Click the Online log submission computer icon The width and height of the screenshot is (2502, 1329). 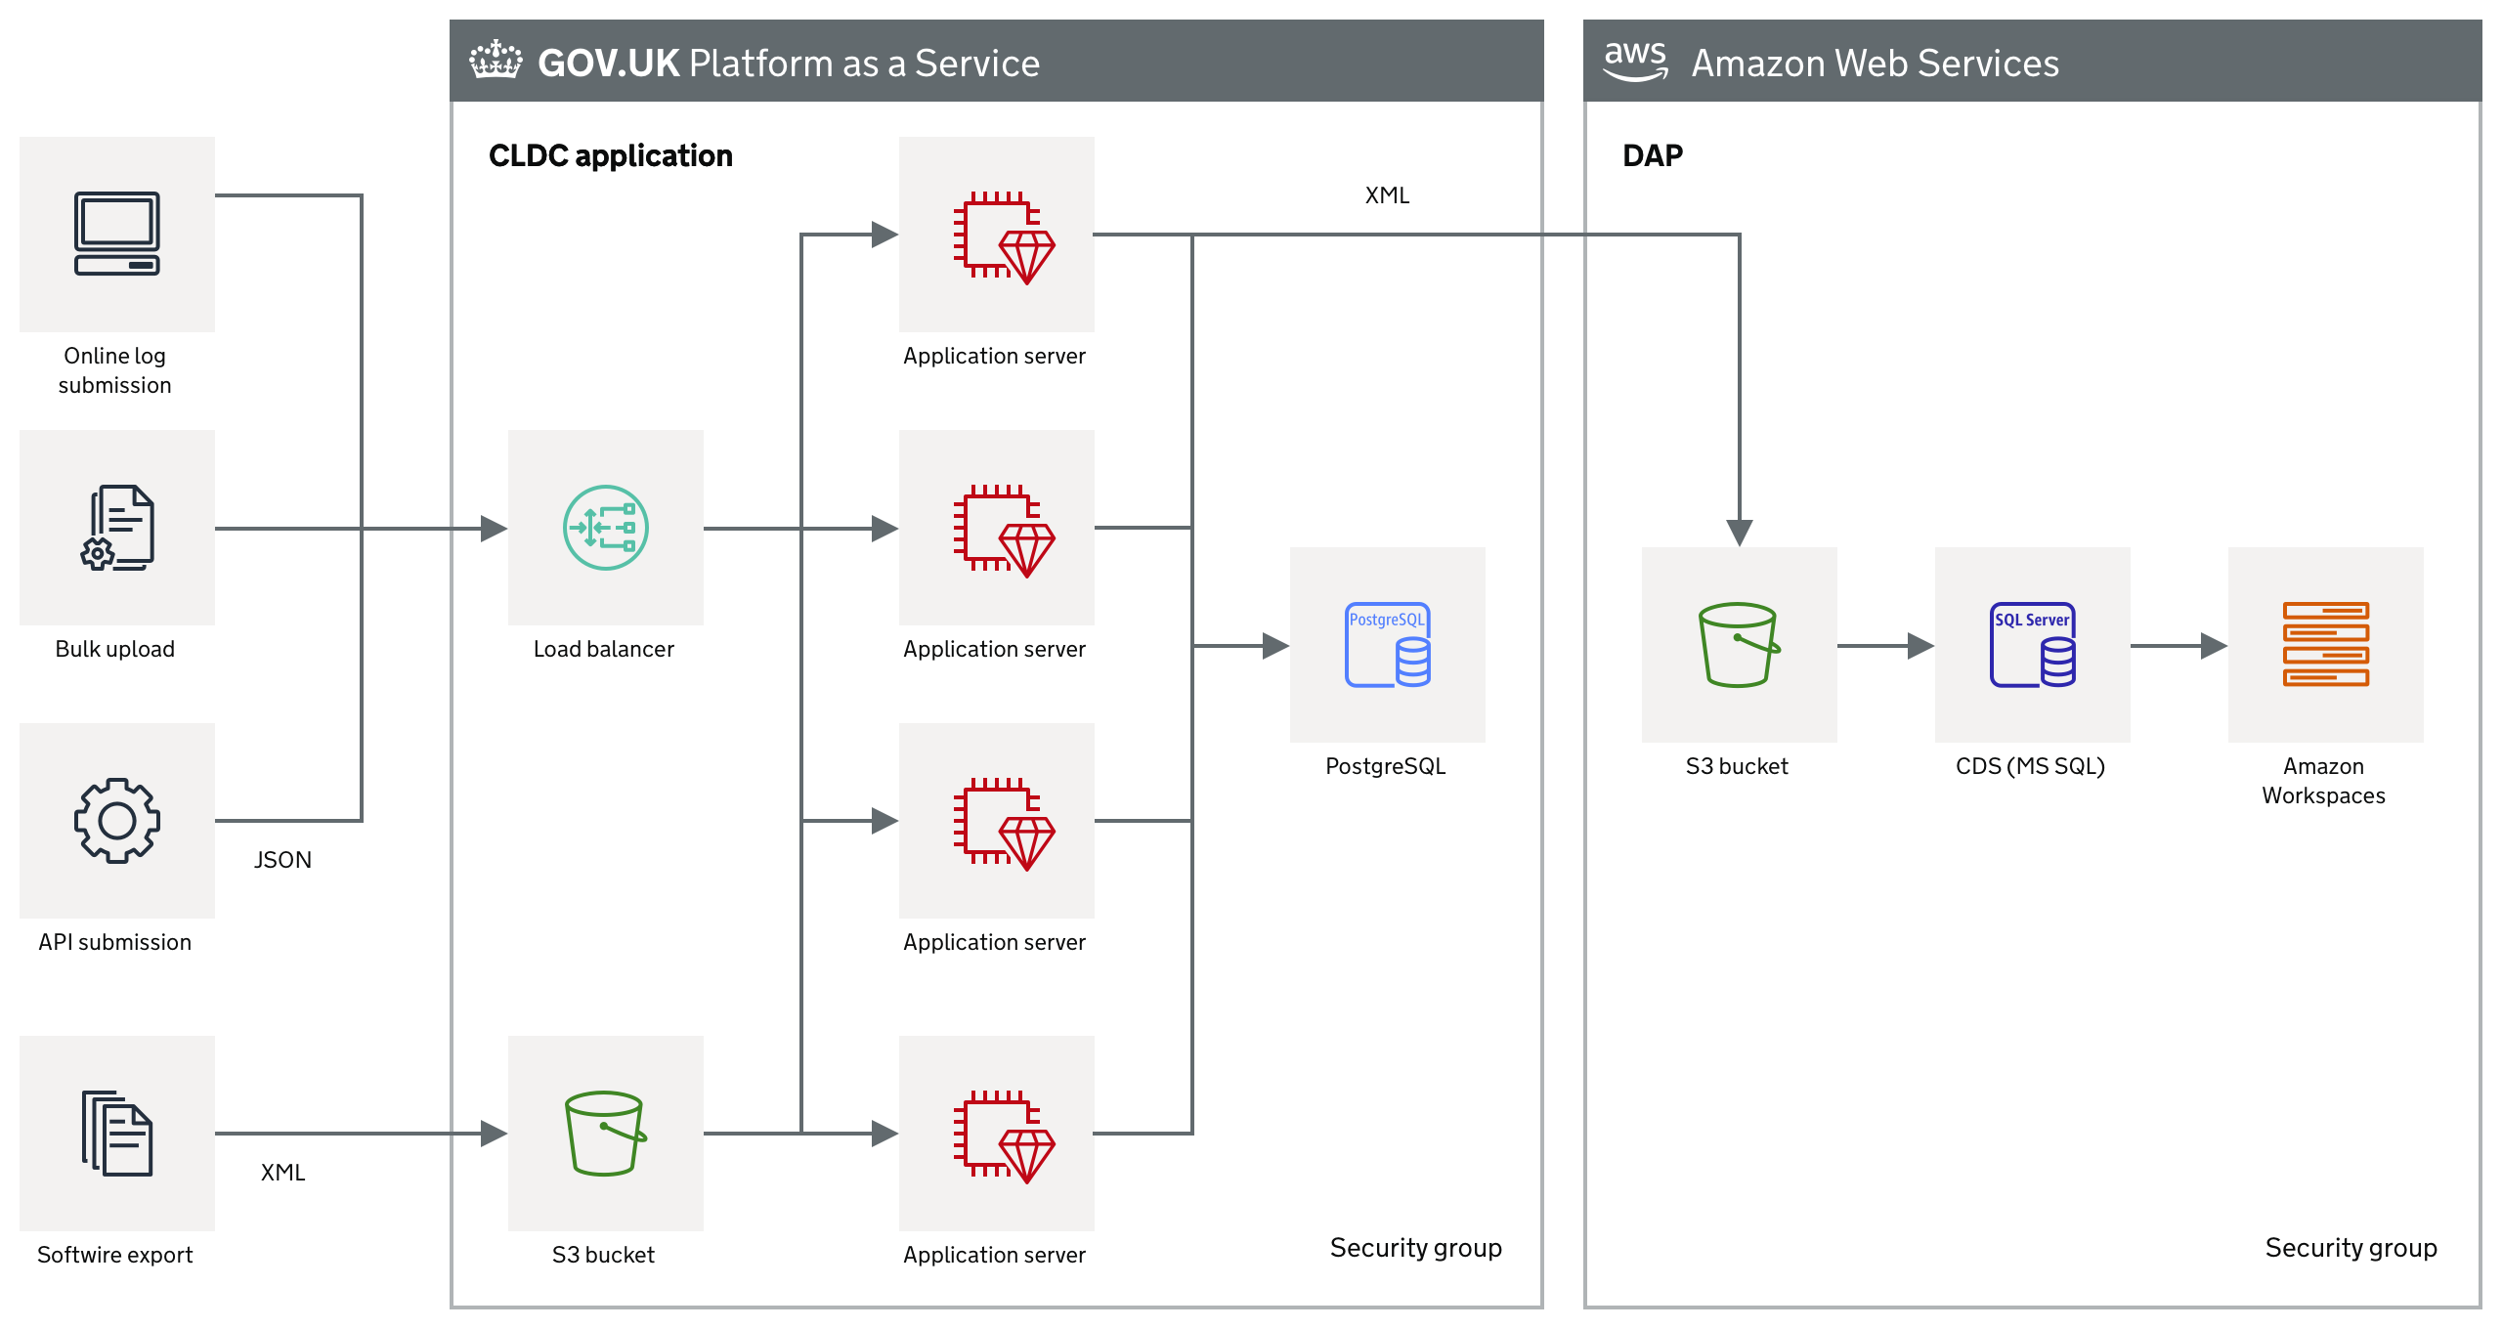pyautogui.click(x=117, y=234)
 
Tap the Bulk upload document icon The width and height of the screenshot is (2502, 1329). pyautogui.click(x=117, y=528)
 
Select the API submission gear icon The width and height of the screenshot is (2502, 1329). pyautogui.click(x=117, y=821)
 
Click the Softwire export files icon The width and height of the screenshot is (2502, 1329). pyautogui.click(x=117, y=1134)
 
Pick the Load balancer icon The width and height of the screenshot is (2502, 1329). pyautogui.click(x=606, y=528)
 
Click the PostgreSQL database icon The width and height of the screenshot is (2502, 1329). pyautogui.click(x=1388, y=645)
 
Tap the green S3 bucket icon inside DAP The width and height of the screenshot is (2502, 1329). pyautogui.click(x=1740, y=645)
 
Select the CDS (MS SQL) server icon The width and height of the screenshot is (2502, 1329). pyautogui.click(x=2033, y=645)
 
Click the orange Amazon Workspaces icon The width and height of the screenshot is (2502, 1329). pyautogui.click(x=2326, y=645)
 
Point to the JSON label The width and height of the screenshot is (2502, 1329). pyautogui.click(x=282, y=860)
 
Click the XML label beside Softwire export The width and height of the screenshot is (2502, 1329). pyautogui.click(x=282, y=1173)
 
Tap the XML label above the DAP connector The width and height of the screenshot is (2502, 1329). pyautogui.click(x=1387, y=195)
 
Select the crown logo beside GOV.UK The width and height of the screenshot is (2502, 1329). pyautogui.click(x=496, y=60)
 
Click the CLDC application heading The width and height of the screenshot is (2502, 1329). pyautogui.click(x=611, y=156)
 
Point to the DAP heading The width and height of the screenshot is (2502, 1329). pyautogui.click(x=1653, y=156)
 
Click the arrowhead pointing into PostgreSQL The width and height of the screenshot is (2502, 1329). pyautogui.click(x=1276, y=645)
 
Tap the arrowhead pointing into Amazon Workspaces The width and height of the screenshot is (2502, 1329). pyautogui.click(x=2215, y=645)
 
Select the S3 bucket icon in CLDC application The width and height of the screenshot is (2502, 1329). pyautogui.click(x=606, y=1134)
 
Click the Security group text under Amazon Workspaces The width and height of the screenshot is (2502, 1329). pyautogui.click(x=2351, y=1248)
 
